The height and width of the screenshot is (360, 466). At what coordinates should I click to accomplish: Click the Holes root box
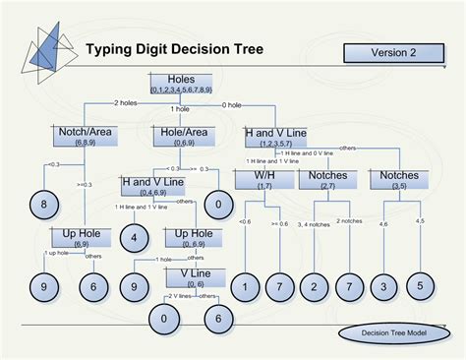point(181,84)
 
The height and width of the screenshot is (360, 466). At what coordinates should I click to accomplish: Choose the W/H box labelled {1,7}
point(264,179)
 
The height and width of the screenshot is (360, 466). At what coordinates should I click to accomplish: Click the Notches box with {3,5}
point(400,179)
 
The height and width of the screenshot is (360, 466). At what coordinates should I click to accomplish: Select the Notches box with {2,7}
point(327,179)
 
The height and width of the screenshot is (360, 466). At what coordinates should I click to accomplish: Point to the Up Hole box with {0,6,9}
point(188,237)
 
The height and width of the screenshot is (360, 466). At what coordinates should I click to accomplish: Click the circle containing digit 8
point(43,204)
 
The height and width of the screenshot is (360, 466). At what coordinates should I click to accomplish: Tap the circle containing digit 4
point(134,236)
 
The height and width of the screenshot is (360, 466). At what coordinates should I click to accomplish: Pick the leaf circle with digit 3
point(384,286)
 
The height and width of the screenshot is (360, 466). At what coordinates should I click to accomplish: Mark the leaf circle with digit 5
point(421,285)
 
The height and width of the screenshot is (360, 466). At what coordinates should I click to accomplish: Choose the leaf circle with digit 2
point(314,286)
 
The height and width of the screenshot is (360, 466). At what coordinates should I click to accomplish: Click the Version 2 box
point(392,52)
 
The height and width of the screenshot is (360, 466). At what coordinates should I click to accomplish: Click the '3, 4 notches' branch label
point(313,225)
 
